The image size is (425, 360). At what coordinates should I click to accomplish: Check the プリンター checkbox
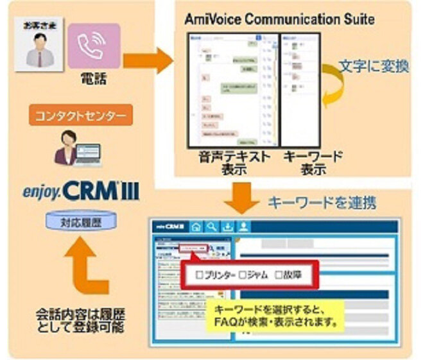[199, 274]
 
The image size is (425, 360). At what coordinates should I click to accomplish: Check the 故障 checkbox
[279, 274]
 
